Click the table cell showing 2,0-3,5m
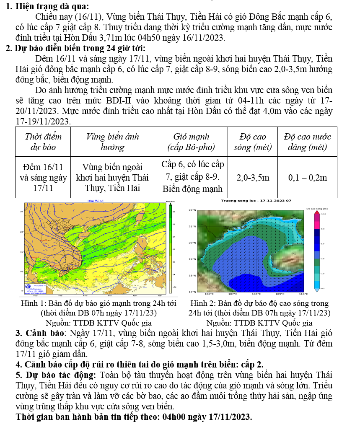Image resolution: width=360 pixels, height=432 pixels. click(253, 178)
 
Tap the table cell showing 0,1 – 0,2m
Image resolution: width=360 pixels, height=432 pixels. click(307, 178)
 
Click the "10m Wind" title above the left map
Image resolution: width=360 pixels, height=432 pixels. click(95, 201)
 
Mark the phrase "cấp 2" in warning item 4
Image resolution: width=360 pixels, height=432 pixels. click(252, 364)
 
